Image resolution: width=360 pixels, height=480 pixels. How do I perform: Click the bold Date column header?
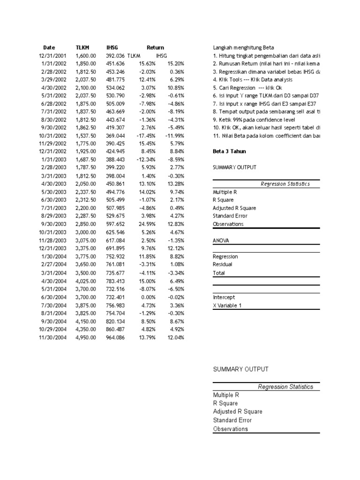pyautogui.click(x=49, y=47)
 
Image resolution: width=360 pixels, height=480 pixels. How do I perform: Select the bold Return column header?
pyautogui.click(x=155, y=47)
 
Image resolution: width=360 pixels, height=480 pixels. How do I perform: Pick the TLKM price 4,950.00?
pyautogui.click(x=86, y=337)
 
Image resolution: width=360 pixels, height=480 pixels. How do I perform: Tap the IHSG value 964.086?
pyautogui.click(x=115, y=337)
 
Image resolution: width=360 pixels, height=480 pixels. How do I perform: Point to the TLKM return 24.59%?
pyautogui.click(x=145, y=224)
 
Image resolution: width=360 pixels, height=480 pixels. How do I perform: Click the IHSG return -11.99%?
pyautogui.click(x=175, y=135)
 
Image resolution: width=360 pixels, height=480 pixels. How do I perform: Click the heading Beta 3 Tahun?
pyautogui.click(x=229, y=151)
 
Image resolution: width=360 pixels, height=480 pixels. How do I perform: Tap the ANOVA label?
pyautogui.click(x=221, y=240)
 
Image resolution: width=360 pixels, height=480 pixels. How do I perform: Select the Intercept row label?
pyautogui.click(x=224, y=297)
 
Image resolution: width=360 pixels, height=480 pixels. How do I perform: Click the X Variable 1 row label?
pyautogui.click(x=227, y=306)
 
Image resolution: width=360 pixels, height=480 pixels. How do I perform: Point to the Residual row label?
pyautogui.click(x=223, y=265)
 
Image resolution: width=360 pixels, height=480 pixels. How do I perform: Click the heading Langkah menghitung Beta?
pyautogui.click(x=243, y=48)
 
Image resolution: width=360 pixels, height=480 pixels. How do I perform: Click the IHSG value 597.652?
pyautogui.click(x=115, y=224)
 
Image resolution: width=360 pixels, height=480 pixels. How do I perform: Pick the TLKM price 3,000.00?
pyautogui.click(x=86, y=232)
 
